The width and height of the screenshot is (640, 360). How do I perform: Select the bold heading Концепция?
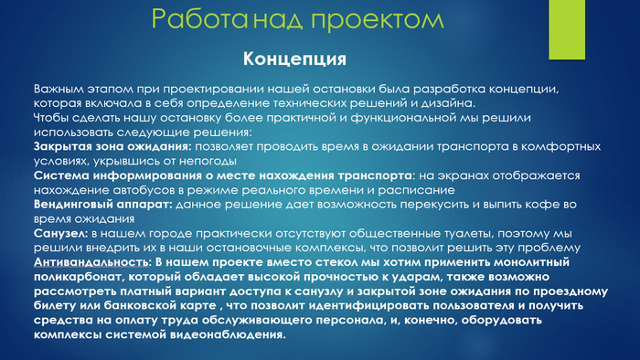pos(294,60)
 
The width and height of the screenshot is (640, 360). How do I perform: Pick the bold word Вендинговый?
pos(76,205)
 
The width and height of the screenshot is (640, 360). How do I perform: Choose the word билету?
pos(57,306)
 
